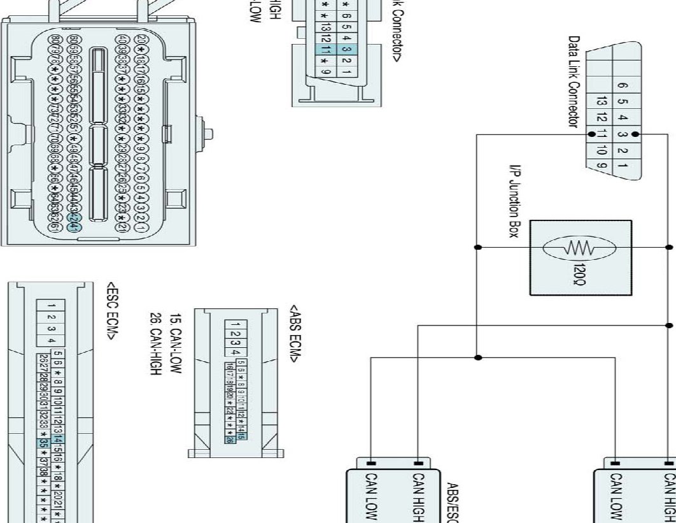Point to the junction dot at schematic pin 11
592,134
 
